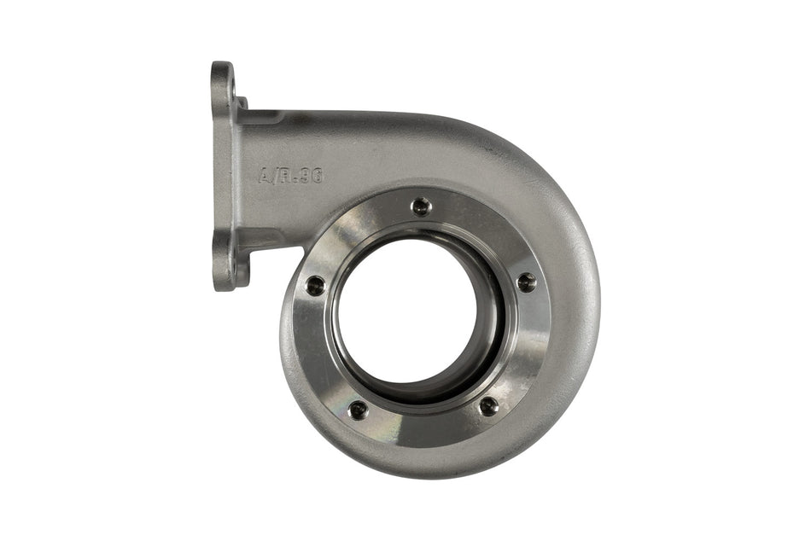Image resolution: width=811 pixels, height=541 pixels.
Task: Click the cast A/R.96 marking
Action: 290,175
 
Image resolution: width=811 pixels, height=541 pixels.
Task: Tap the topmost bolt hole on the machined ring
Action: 421,206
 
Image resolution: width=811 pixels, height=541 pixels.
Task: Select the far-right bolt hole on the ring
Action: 527,282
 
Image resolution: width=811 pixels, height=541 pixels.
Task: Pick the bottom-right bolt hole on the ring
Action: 488,406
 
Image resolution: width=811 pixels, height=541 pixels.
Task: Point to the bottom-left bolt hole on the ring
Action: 359,410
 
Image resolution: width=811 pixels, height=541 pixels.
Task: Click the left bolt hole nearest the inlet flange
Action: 316,286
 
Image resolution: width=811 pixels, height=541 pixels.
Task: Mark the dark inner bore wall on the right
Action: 490,316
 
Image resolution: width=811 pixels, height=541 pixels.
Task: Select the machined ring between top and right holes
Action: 487,230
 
